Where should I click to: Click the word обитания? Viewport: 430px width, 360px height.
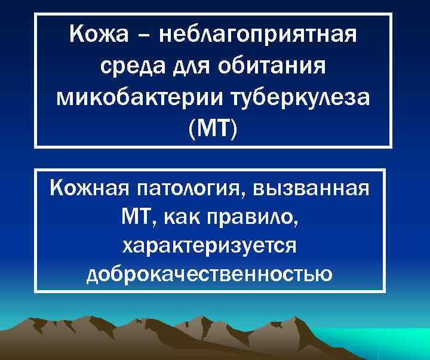click(275, 67)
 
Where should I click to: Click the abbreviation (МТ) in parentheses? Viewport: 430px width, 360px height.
click(213, 128)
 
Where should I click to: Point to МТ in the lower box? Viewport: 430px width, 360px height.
click(136, 217)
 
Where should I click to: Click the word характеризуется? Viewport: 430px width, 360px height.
click(213, 245)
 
